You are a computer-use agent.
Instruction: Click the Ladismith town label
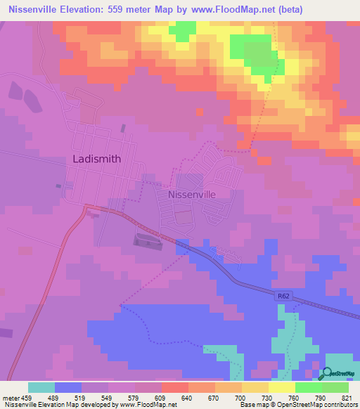click(97, 159)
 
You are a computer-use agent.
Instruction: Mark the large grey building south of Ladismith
click(148, 241)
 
